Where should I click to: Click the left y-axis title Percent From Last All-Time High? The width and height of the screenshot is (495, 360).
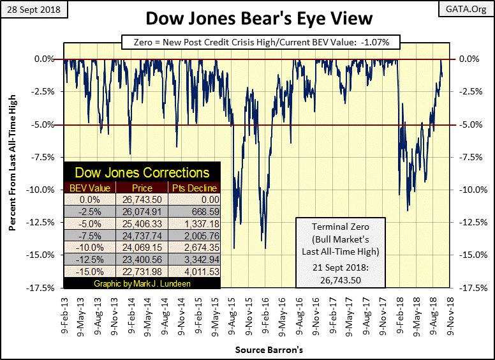pos(12,172)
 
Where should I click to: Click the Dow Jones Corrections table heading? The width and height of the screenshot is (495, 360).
pos(142,172)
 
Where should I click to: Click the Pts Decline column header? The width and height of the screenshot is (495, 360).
pos(195,188)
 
